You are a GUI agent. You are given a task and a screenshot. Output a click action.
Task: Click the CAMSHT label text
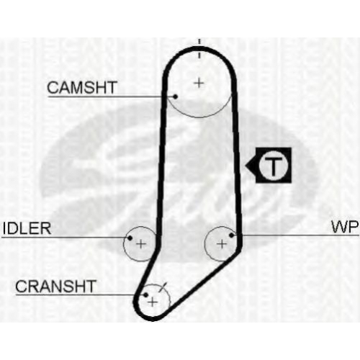coord(82,87)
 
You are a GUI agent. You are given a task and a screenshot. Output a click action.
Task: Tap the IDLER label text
coord(27,228)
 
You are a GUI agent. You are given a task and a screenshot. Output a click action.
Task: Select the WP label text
coord(345,227)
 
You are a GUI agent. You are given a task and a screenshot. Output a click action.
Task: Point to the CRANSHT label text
coord(55,286)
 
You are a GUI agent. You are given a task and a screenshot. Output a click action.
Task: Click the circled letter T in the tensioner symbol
coord(274,166)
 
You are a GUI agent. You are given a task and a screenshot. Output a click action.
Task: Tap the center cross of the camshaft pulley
coord(199,84)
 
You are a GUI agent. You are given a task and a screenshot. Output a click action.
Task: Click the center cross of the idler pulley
coord(141,244)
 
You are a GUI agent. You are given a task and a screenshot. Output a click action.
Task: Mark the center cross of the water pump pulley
coord(222,244)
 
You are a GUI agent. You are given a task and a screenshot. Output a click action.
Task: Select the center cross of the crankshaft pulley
coord(153,302)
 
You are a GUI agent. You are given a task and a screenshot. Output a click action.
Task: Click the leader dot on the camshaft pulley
coord(176,96)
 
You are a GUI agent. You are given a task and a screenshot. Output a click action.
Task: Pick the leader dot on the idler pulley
coord(130,238)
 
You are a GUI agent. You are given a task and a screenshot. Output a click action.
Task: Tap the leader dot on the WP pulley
coord(231,235)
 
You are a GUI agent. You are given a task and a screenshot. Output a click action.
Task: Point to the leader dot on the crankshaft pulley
coord(145,294)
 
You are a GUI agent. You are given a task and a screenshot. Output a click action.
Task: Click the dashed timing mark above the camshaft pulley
coord(199,49)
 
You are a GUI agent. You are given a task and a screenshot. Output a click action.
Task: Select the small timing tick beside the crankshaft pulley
coord(163,287)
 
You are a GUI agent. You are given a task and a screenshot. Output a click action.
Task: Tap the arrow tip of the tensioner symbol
coord(246,166)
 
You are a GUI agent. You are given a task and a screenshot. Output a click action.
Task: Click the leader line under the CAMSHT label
coord(112,96)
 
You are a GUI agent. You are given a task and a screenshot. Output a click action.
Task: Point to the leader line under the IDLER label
coord(66,238)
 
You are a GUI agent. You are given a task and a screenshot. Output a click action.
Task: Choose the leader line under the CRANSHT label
coord(81,294)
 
